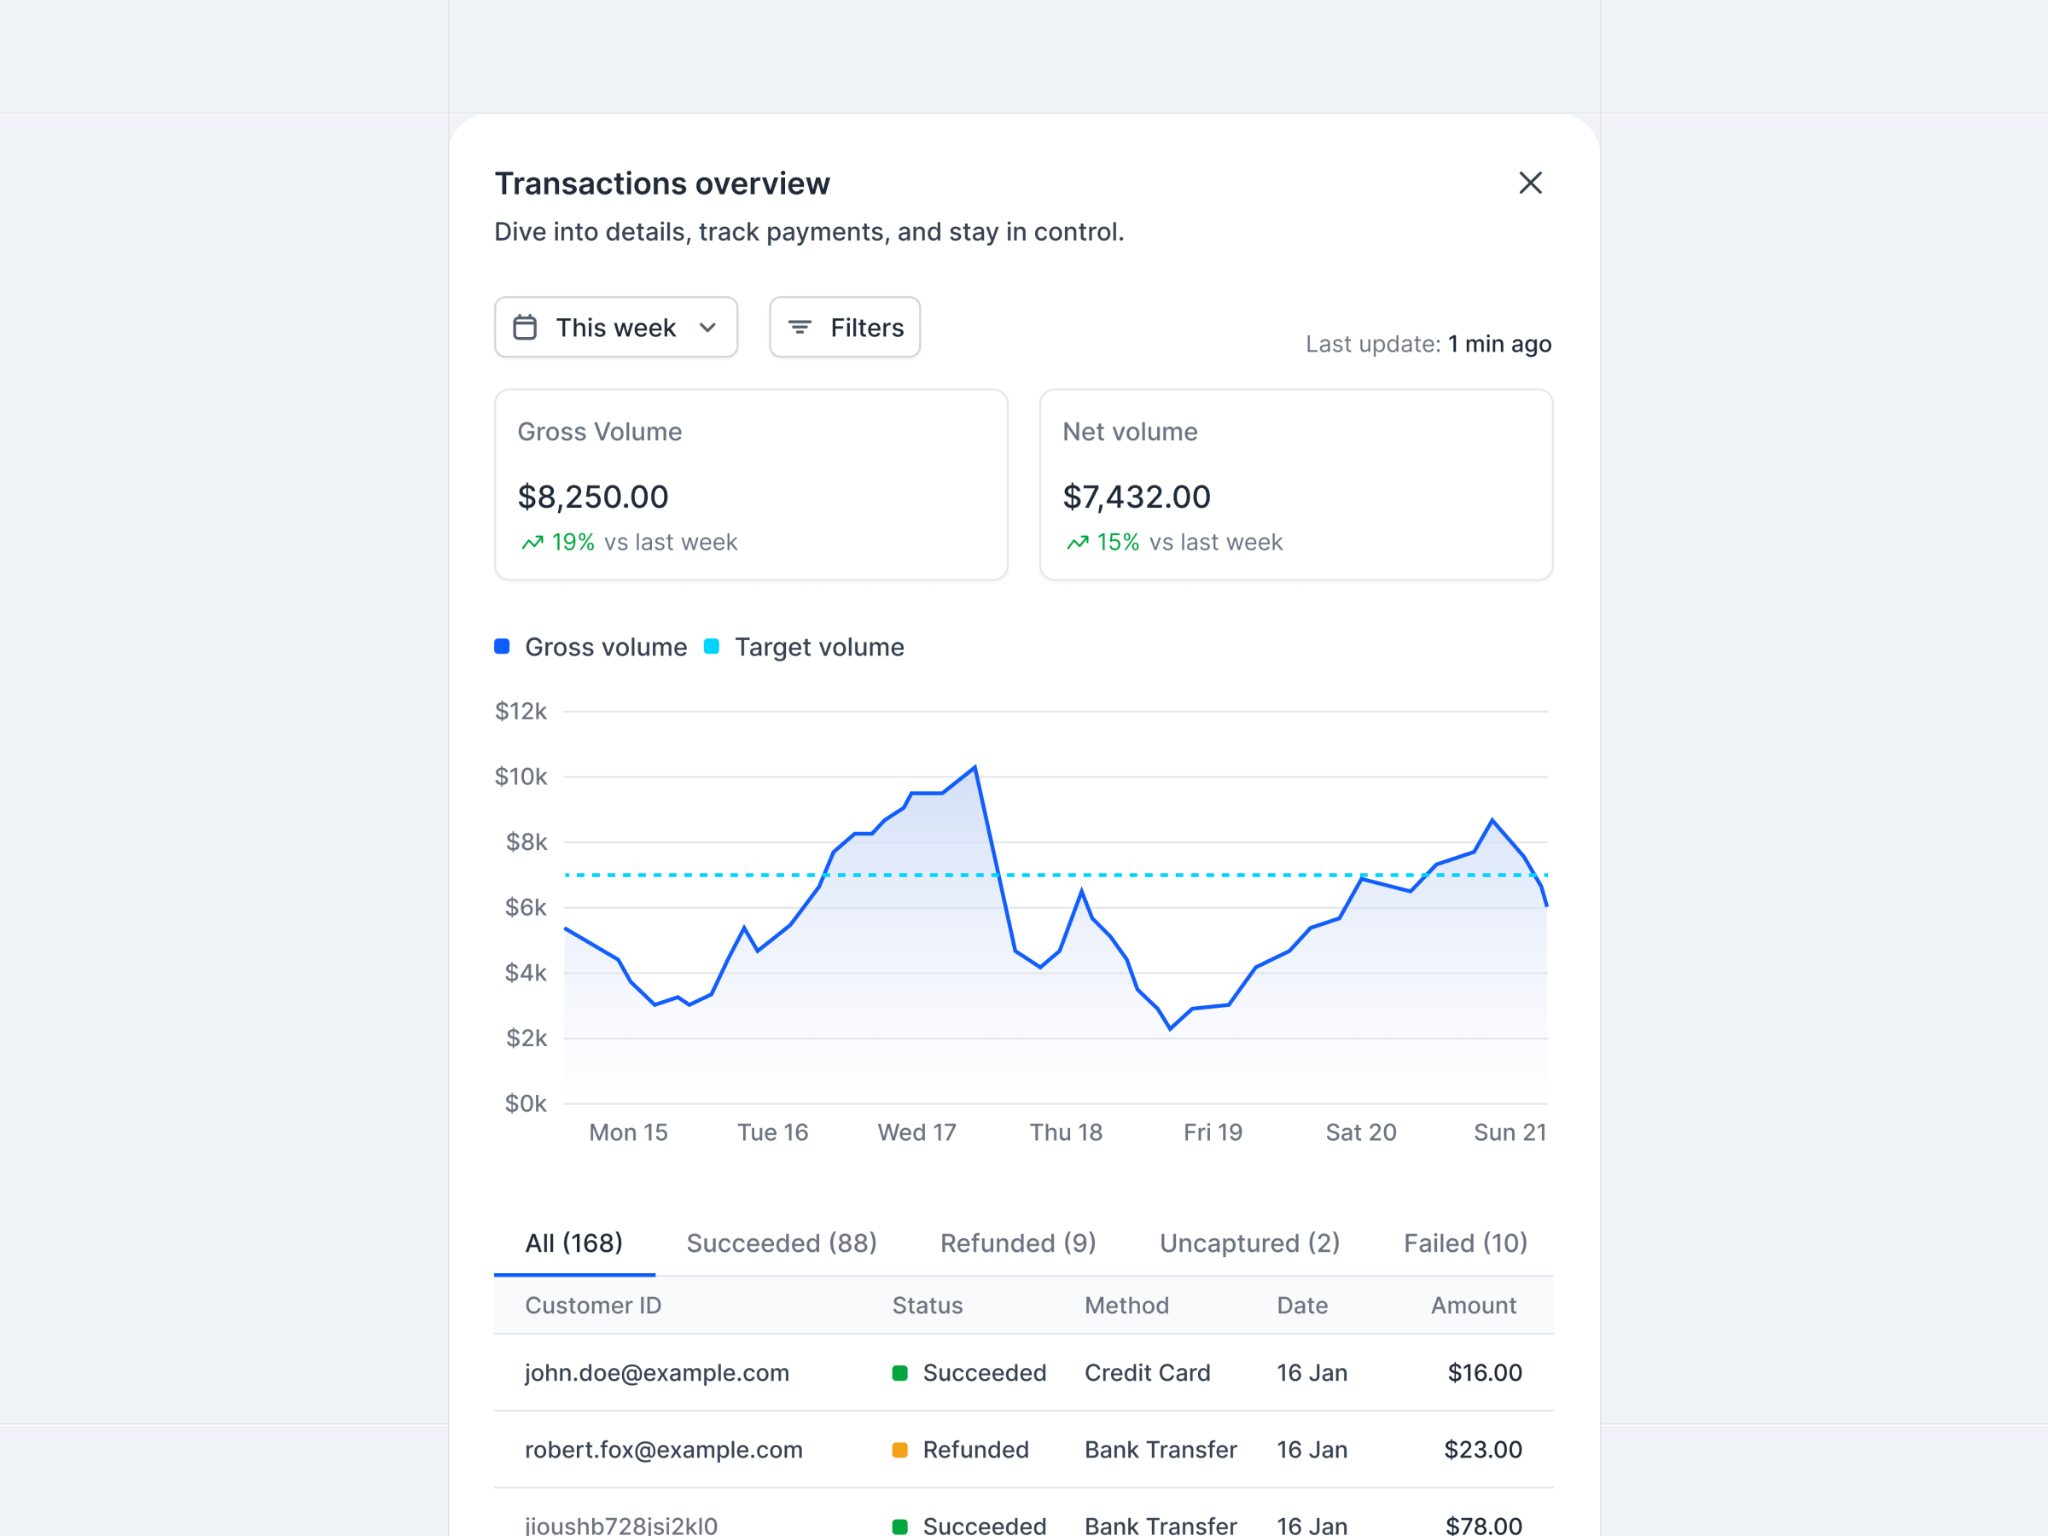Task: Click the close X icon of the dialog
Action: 1529,183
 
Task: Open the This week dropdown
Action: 616,328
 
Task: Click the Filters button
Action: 845,328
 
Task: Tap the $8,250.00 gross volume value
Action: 592,497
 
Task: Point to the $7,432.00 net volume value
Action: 1136,497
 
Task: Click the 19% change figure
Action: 573,543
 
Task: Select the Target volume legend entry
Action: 818,647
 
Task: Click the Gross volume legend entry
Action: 606,647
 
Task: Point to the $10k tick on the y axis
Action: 521,777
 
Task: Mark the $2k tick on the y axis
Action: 526,1039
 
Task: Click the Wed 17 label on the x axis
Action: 916,1132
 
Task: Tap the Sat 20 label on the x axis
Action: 1360,1132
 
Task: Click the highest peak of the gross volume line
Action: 975,767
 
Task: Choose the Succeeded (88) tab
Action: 782,1243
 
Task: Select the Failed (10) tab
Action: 1464,1243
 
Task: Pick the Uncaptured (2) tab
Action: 1249,1243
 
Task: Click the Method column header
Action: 1126,1306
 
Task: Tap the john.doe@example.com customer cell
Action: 656,1373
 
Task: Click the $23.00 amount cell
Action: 1482,1450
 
